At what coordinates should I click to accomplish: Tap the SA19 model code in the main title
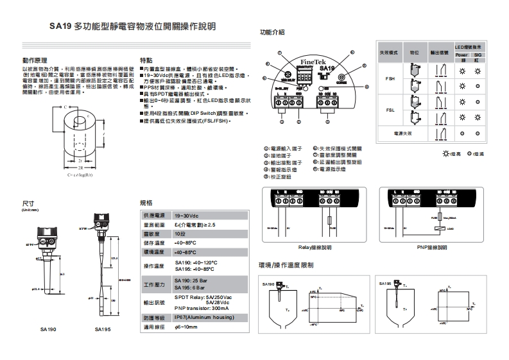60,28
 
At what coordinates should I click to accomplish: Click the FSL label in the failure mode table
390,110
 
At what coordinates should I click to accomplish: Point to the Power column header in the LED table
462,55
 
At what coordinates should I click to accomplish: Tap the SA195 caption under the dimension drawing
103,329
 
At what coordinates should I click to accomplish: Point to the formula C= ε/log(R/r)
80,174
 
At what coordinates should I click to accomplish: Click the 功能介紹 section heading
272,31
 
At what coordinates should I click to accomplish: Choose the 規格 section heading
146,202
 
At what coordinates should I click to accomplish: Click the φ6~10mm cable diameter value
187,327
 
